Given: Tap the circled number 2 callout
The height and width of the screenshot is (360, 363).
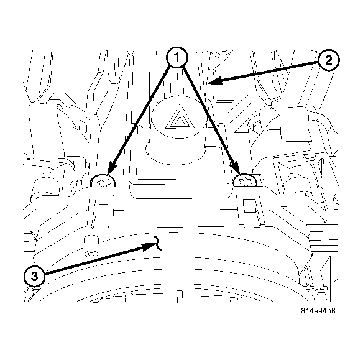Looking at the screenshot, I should click(329, 61).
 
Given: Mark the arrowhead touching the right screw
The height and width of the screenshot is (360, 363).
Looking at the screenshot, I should click(237, 169).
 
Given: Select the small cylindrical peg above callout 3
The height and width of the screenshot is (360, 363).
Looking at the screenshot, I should click(90, 246).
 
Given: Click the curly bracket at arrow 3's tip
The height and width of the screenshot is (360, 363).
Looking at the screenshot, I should click(160, 243).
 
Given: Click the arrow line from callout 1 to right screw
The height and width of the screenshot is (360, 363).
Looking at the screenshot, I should click(208, 115).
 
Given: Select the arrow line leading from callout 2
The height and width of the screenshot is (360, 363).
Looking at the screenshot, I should click(267, 71).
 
